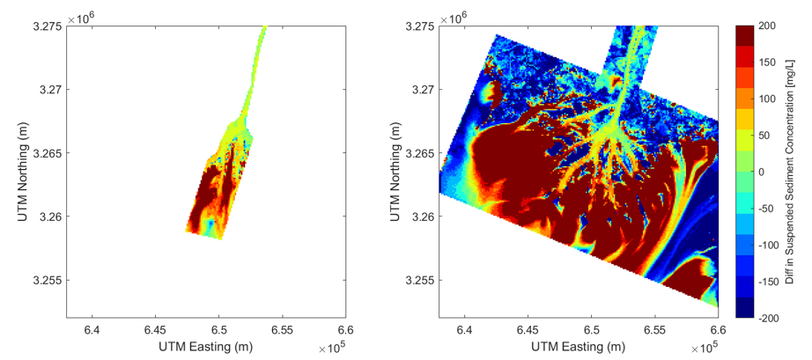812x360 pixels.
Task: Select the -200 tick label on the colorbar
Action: tap(766, 317)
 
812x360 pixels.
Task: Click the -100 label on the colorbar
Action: tap(766, 245)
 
